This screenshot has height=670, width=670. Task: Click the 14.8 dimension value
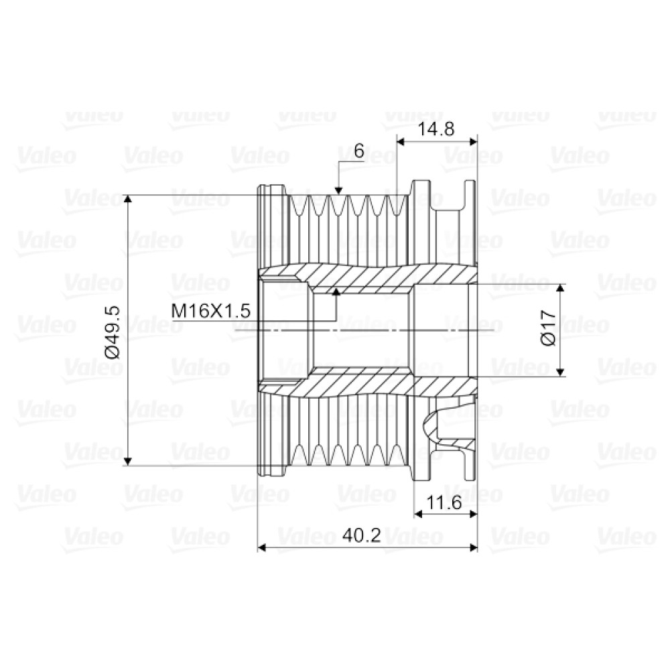[x=435, y=129]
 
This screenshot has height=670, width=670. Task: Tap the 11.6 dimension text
[x=444, y=503]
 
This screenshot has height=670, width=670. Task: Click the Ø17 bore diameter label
[x=549, y=328]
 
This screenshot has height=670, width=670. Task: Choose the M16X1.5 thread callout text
[x=210, y=311]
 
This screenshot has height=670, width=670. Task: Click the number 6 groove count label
[x=359, y=151]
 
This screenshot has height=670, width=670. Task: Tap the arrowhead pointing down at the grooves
[x=338, y=190]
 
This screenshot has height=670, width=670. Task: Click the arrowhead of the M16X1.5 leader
[x=336, y=292]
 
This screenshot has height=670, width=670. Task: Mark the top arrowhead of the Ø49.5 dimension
[x=127, y=199]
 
